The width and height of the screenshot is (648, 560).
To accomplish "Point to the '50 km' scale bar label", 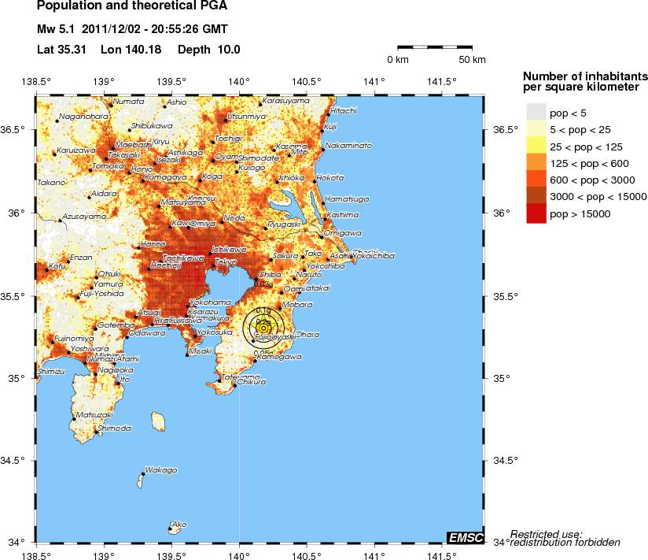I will [472, 60].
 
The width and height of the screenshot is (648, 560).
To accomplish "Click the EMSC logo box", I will [464, 536].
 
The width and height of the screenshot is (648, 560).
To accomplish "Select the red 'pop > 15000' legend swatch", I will [536, 213].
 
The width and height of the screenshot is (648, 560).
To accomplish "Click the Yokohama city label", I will [205, 302].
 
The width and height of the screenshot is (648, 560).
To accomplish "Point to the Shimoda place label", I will [114, 428].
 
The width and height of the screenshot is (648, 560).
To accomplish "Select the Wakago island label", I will [161, 470].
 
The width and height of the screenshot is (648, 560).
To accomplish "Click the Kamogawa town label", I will [279, 357].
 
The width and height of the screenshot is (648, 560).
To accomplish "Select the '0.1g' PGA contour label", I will [263, 311].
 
